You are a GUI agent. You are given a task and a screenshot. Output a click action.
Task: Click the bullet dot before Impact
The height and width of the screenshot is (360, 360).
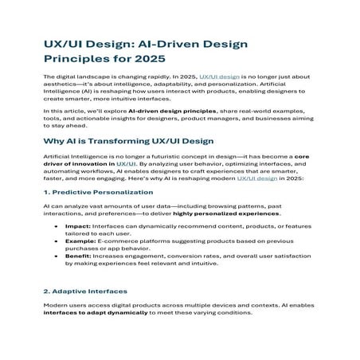tap(55, 227)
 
